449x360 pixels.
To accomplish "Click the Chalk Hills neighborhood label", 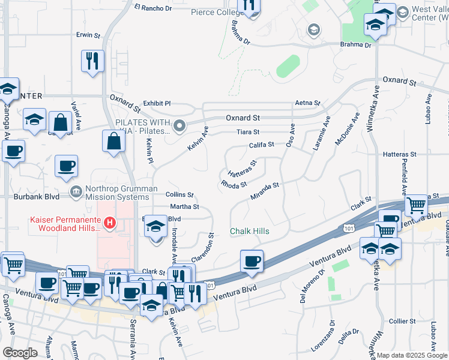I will coord(250,232).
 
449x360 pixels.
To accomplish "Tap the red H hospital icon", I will coord(110,224).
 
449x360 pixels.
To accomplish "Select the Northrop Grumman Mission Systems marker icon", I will coord(76,192).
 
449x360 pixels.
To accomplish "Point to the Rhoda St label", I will coord(234,184).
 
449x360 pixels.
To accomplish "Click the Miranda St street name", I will coord(265,191).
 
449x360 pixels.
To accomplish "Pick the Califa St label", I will coord(262,145).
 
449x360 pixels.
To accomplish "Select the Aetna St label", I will coord(307,104).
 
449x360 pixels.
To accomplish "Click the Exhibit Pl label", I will coord(157,104).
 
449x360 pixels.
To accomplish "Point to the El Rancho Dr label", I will coord(153,8).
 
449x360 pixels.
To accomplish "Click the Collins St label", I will coord(179,194).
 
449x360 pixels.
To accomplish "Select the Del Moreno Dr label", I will coord(316,281).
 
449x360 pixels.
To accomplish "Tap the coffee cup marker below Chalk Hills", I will coord(252,262).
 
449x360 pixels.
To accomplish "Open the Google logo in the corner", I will coord(20,353).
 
